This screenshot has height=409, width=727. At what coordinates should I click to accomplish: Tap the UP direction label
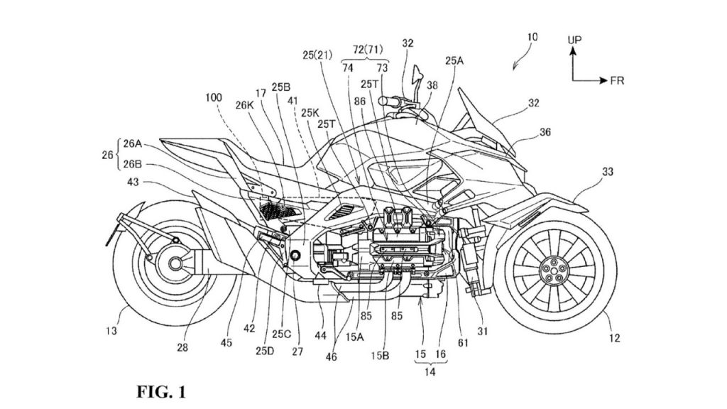pyautogui.click(x=575, y=42)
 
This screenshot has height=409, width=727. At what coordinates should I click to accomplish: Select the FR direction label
pyautogui.click(x=618, y=81)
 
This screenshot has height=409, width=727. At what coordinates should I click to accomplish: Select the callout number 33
pyautogui.click(x=608, y=171)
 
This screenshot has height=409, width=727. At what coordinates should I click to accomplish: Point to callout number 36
pyautogui.click(x=545, y=131)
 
